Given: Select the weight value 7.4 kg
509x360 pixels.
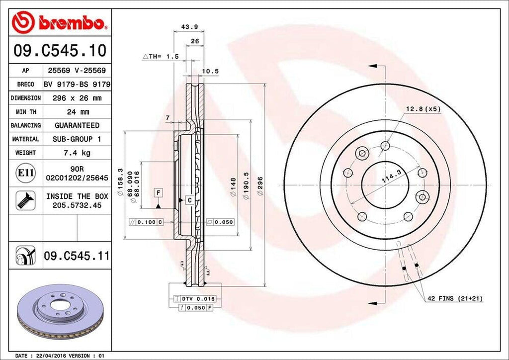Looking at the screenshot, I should [x=77, y=153].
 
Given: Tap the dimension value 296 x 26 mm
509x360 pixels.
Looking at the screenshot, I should [x=77, y=98].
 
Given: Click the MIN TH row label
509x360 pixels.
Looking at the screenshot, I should [x=25, y=112].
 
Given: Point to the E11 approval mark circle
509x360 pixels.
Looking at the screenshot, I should [x=25, y=173].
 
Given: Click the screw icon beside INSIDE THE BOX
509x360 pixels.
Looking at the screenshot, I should [x=25, y=200].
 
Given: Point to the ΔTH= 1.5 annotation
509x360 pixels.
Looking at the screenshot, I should [x=161, y=57].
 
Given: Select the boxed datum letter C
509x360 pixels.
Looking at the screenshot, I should [x=189, y=200].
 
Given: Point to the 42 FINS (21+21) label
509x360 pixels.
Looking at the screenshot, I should [x=455, y=298].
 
